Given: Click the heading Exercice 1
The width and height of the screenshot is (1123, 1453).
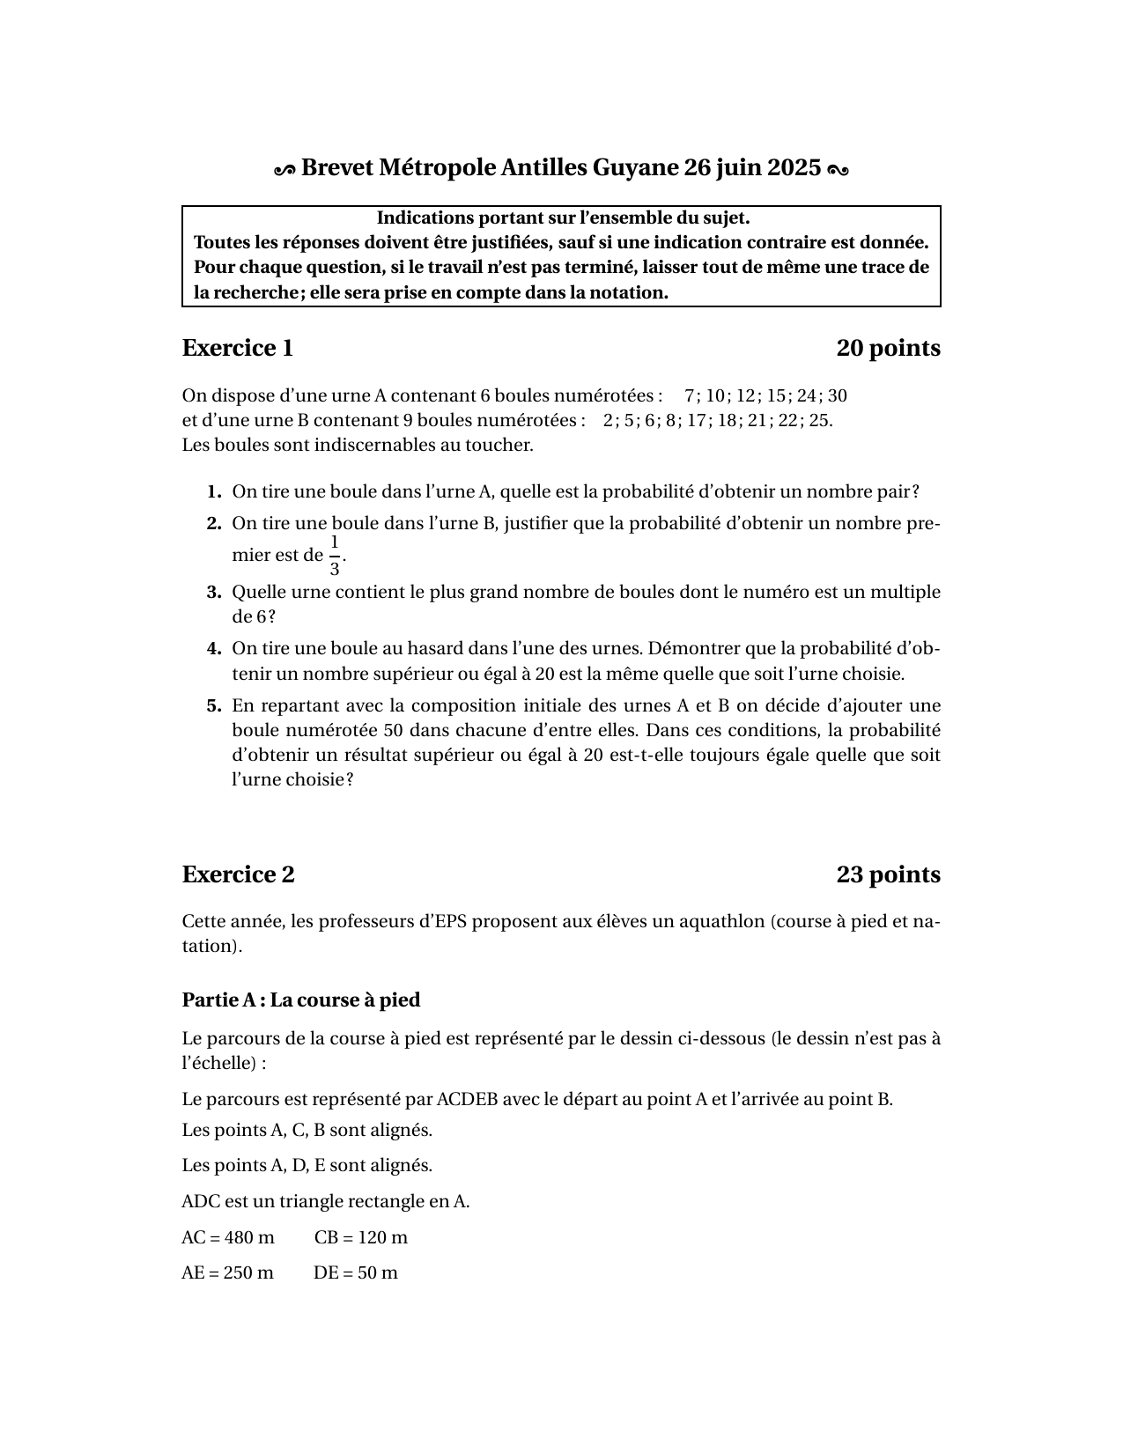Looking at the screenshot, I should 237,349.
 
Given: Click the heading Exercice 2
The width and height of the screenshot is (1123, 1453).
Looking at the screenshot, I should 238,874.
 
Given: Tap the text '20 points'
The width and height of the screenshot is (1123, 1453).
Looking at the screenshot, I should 888,349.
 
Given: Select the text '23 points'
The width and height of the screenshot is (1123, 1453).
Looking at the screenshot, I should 888,874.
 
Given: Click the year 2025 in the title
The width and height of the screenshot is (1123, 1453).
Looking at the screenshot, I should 794,167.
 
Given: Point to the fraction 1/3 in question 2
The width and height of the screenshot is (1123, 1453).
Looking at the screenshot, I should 335,556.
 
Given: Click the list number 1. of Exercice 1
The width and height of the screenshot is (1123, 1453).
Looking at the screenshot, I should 214,491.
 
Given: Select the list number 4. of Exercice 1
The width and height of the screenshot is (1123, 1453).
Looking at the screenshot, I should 214,649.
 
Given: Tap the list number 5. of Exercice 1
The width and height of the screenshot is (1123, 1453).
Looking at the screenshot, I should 214,705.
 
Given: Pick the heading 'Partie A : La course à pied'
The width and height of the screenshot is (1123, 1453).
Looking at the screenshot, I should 301,1000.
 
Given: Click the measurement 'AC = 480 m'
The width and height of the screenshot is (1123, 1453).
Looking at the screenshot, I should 228,1237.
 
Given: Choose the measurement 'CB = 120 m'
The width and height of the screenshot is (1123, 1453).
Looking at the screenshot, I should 361,1237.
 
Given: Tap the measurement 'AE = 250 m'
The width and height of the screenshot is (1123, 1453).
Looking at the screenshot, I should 227,1272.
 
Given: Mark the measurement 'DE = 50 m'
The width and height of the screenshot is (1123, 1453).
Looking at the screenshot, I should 356,1272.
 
